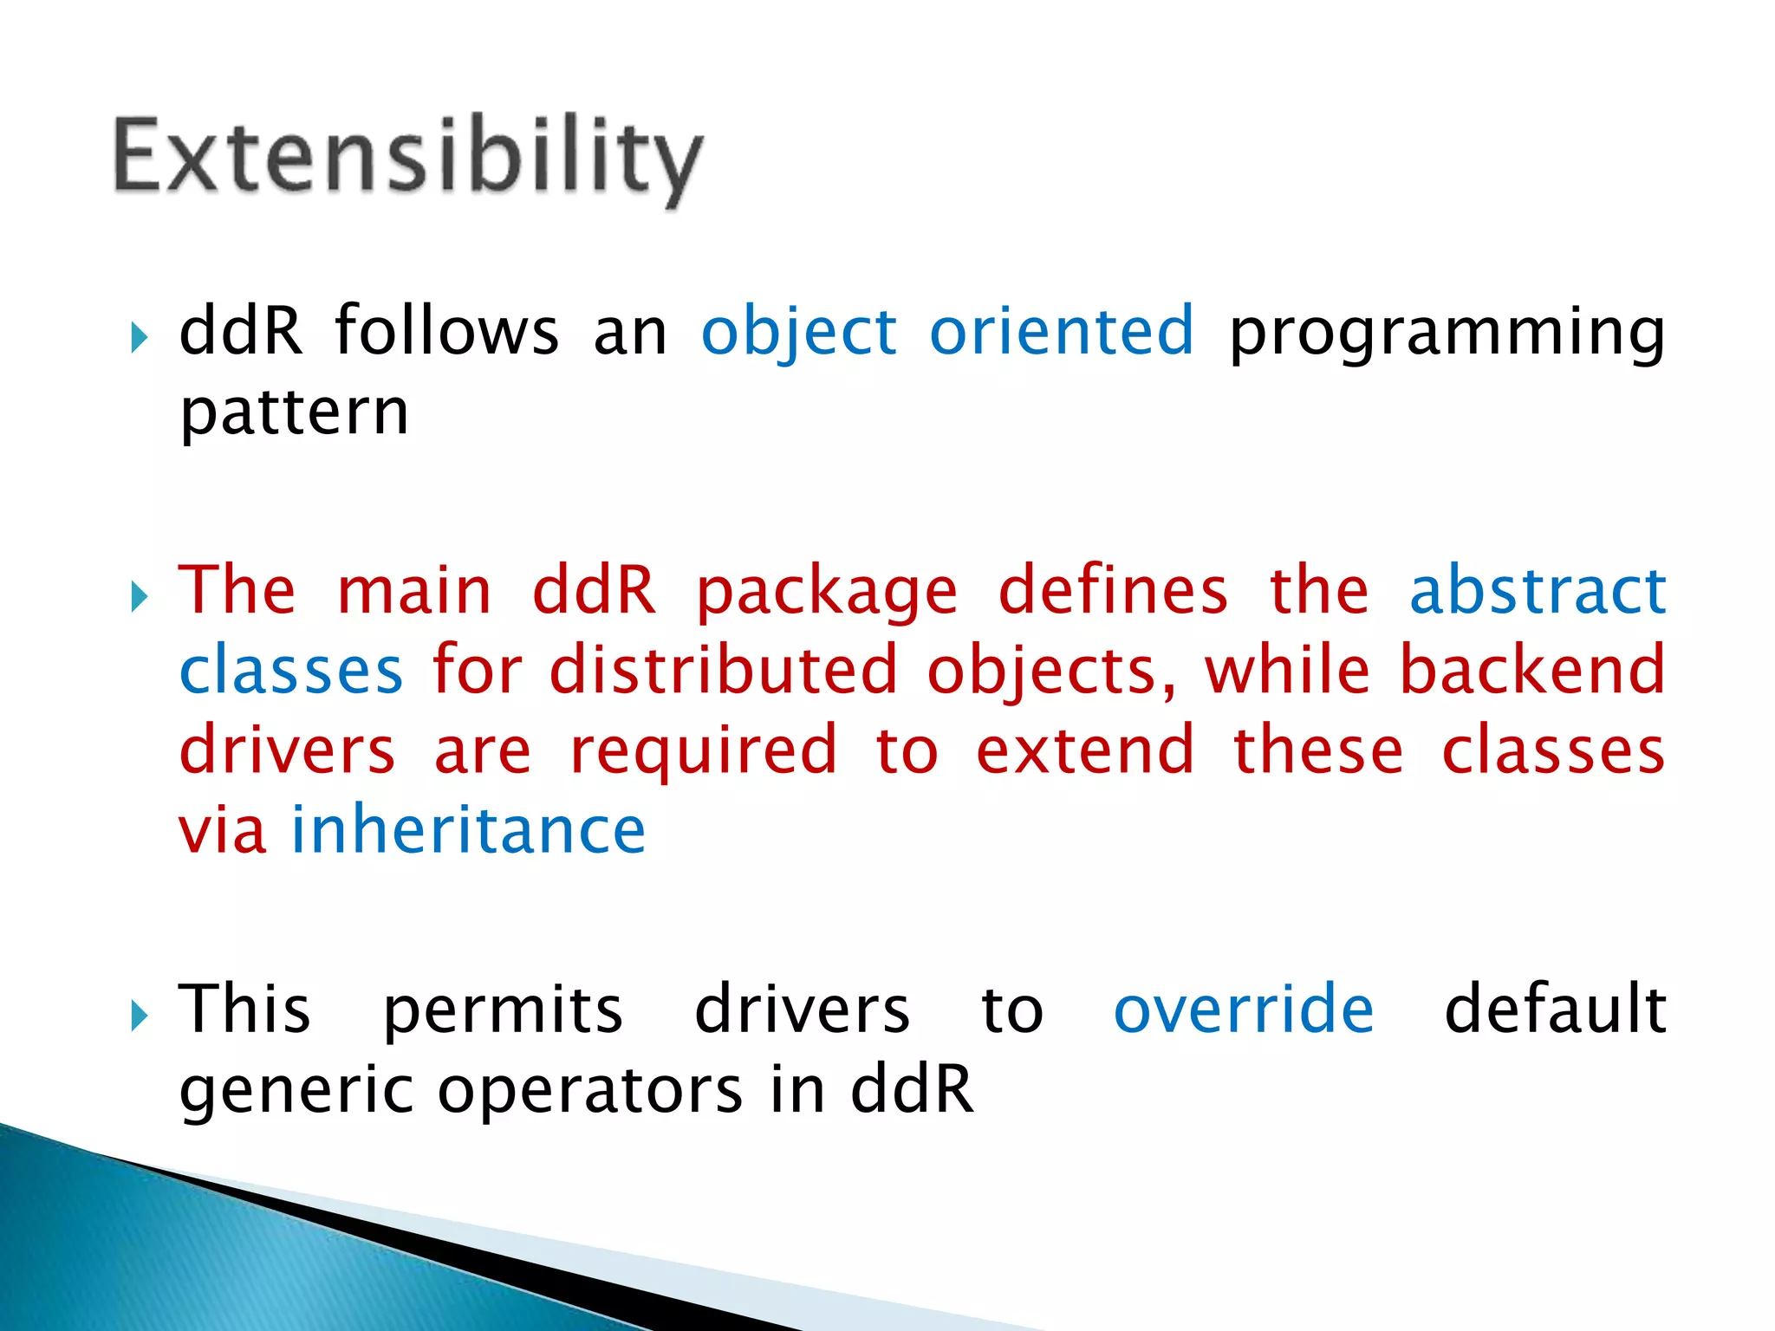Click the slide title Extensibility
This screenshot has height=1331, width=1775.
tap(407, 158)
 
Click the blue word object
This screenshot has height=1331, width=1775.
tap(798, 332)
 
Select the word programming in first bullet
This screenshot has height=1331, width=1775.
tap(1447, 332)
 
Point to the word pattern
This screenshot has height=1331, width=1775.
tap(294, 413)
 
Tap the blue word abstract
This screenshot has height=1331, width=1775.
tap(1538, 591)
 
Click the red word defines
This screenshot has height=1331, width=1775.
tap(1113, 591)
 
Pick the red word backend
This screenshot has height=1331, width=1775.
tap(1532, 671)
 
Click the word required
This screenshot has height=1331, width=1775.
tap(703, 750)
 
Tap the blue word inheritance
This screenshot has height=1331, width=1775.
tap(469, 830)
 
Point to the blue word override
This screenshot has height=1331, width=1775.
tap(1244, 1010)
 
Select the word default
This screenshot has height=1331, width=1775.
tap(1555, 1010)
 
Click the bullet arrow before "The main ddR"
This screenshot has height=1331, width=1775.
tap(139, 597)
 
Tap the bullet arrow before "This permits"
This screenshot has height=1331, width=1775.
tap(139, 1016)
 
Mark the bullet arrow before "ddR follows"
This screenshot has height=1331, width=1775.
tap(139, 337)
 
